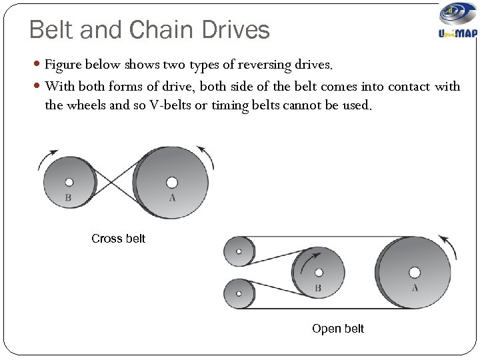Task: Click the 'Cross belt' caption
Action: pos(118,238)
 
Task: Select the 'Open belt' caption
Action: pos(338,329)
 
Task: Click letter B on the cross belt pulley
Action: pos(68,197)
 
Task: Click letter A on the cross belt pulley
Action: pos(172,197)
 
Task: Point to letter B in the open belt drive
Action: pos(318,288)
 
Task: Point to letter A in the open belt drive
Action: pos(415,288)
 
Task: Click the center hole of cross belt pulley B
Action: pos(69,181)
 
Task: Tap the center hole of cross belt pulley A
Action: pos(172,182)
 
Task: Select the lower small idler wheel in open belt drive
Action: pos(239,293)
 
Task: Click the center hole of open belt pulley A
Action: pos(415,272)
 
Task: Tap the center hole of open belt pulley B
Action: pos(319,272)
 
